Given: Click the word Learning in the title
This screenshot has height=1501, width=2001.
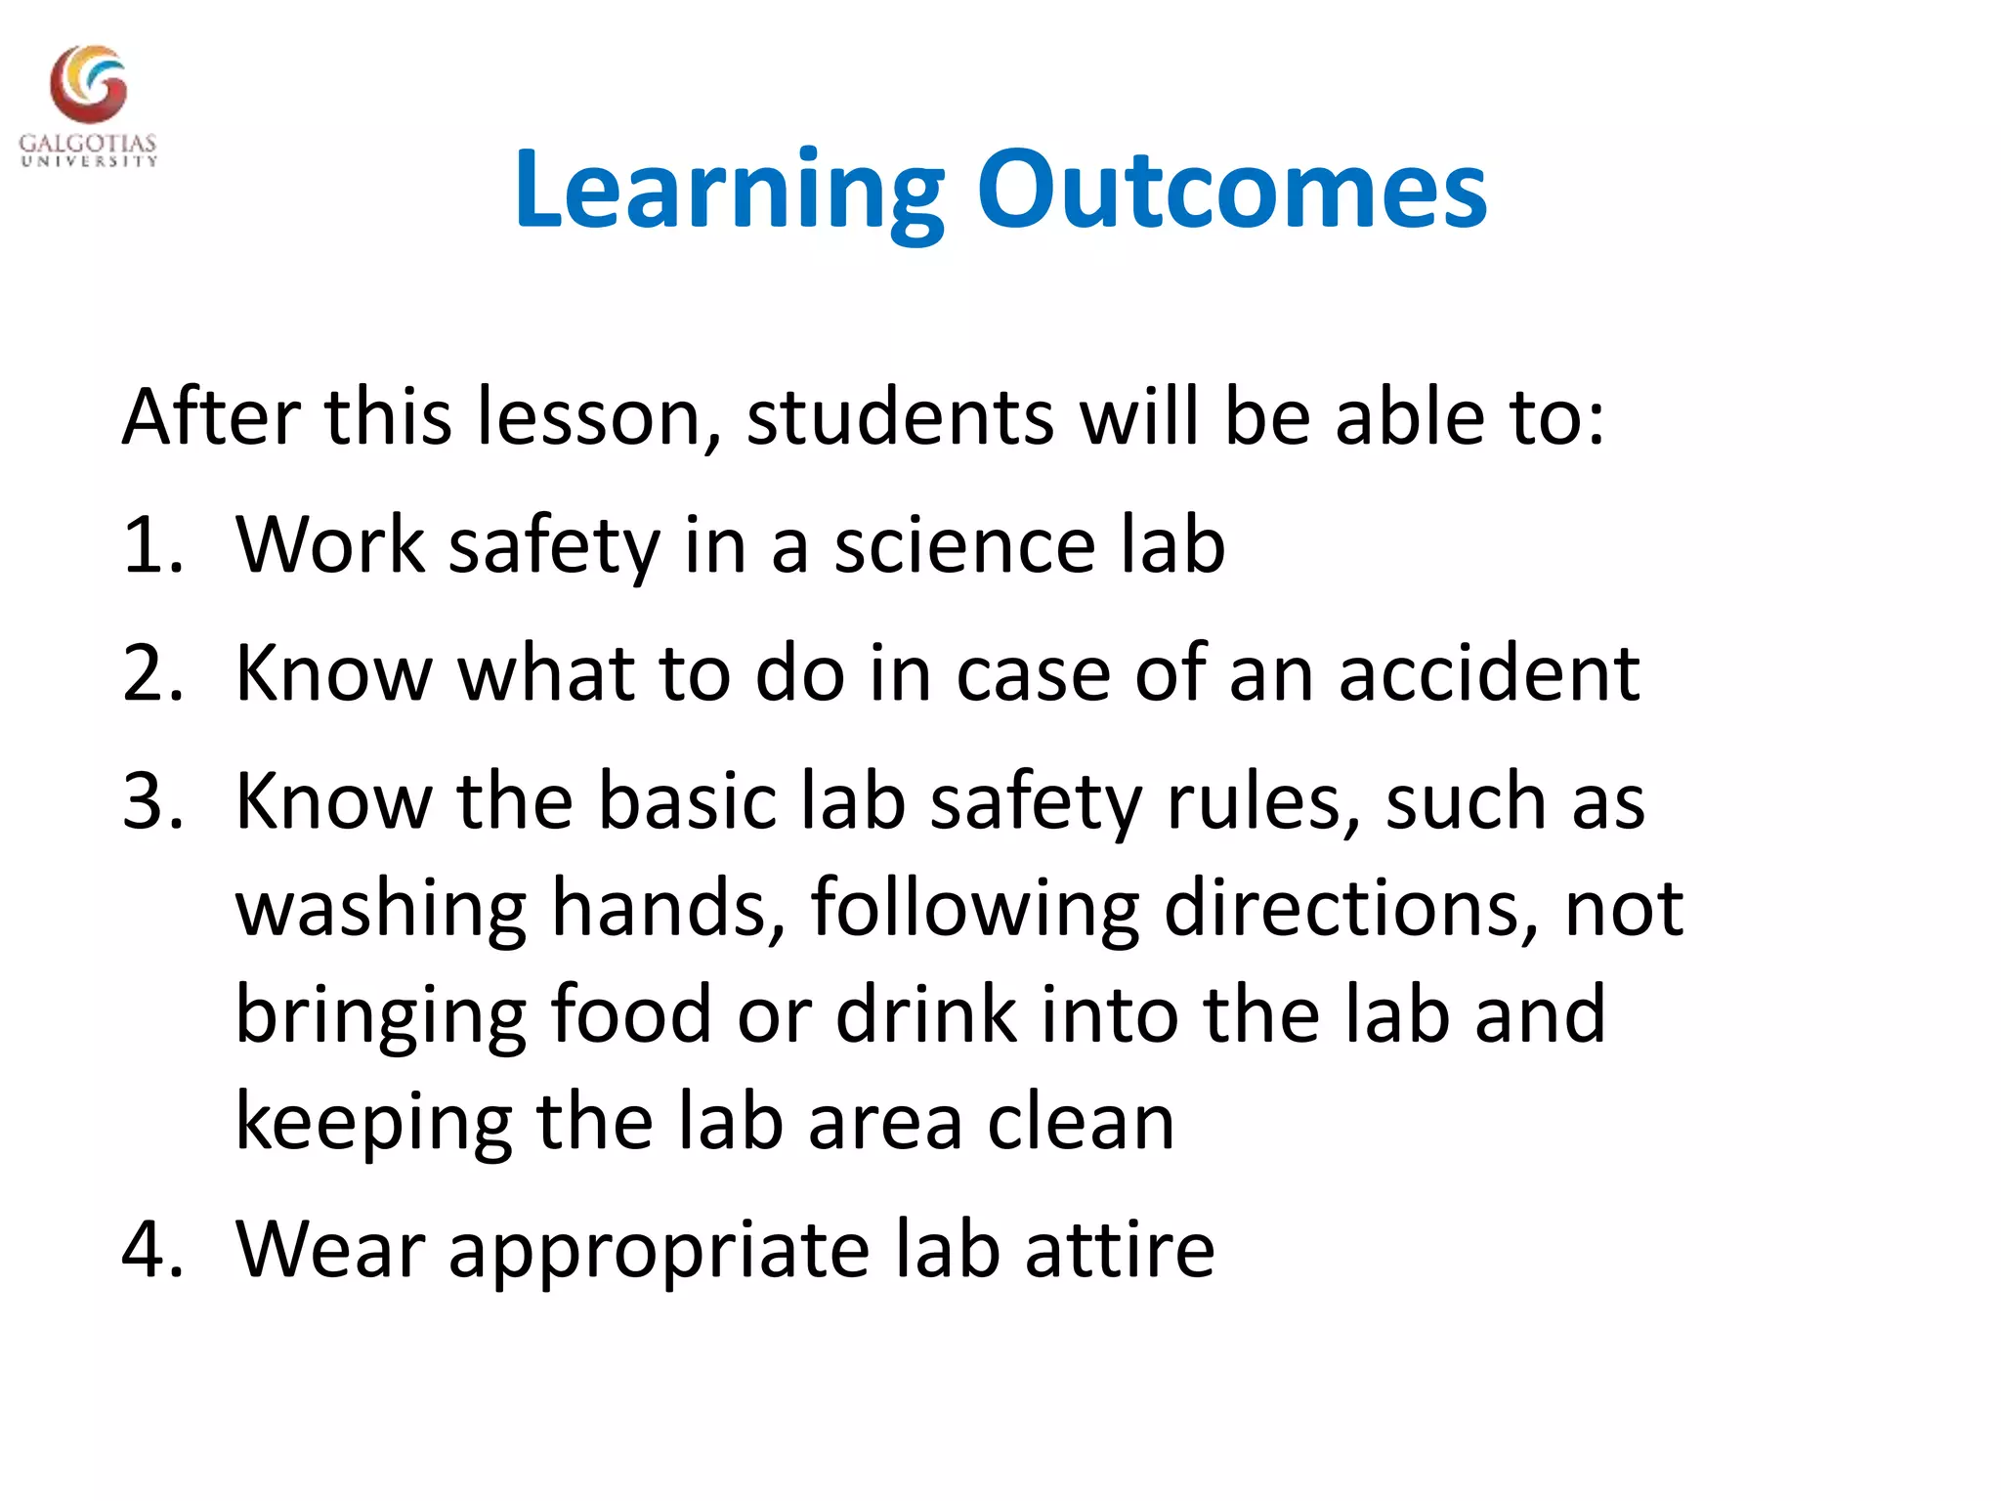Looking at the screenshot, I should pos(728,191).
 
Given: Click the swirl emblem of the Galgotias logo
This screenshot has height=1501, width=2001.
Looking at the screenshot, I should pos(89,86).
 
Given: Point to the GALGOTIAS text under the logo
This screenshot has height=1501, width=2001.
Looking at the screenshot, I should pos(88,144).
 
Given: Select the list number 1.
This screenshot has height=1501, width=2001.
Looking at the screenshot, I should pos(151,545).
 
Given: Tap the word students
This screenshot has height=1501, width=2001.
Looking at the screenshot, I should pos(900,417).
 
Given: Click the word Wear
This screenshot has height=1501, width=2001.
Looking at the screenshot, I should pos(331,1250).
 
